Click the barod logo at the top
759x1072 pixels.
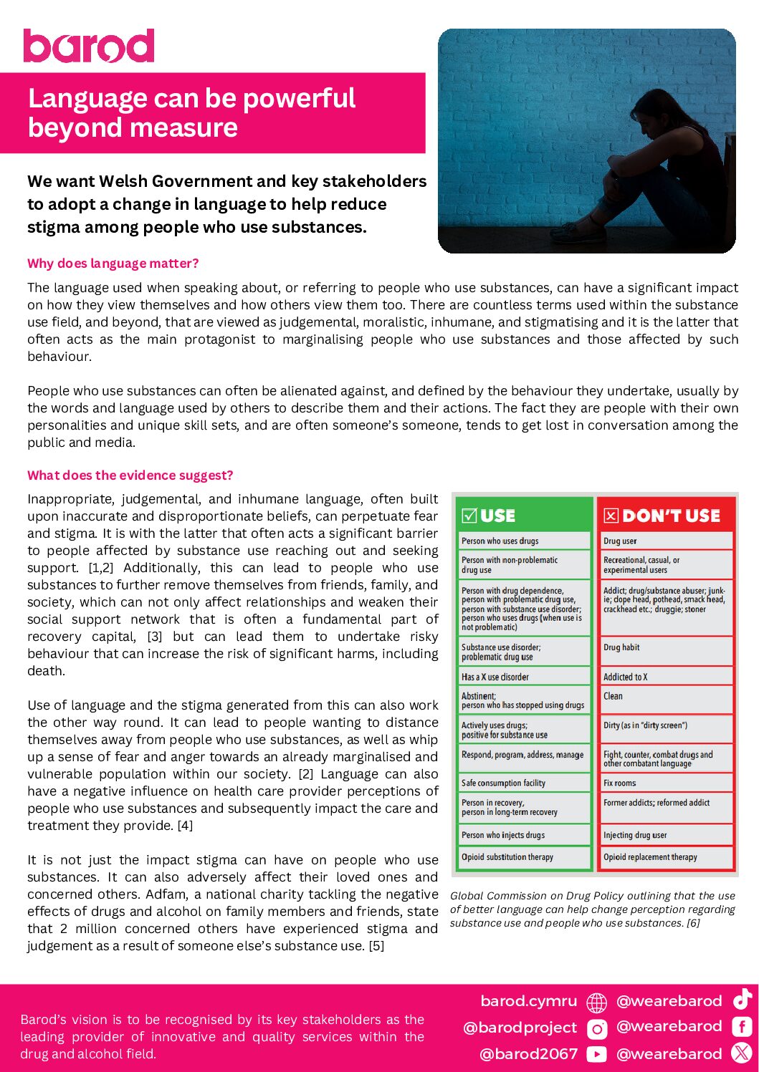pyautogui.click(x=89, y=46)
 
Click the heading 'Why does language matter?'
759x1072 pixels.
pyautogui.click(x=113, y=264)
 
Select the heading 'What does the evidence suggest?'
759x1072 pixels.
pyautogui.click(x=130, y=475)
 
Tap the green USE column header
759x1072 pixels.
pyautogui.click(x=522, y=516)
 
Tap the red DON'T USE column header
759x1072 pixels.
pyautogui.click(x=664, y=516)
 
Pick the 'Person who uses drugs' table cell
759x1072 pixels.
pyautogui.click(x=500, y=541)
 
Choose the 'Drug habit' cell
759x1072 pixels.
pyautogui.click(x=621, y=647)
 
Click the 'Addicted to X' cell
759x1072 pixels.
pyautogui.click(x=625, y=677)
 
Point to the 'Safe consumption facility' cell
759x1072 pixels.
pyautogui.click(x=503, y=783)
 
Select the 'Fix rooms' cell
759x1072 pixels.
pyautogui.click(x=620, y=783)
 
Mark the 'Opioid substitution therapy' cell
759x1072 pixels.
pyautogui.click(x=507, y=857)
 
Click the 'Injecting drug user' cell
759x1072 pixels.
pyautogui.click(x=635, y=835)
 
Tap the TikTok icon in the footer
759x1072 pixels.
pyautogui.click(x=742, y=999)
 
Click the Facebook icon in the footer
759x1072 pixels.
pyautogui.click(x=742, y=1027)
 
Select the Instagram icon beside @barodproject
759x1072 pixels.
pyautogui.click(x=596, y=1029)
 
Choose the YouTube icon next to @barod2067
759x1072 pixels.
pyautogui.click(x=596, y=1054)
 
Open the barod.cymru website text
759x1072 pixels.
pyautogui.click(x=528, y=1001)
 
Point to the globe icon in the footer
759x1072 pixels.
pyautogui.click(x=596, y=1002)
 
